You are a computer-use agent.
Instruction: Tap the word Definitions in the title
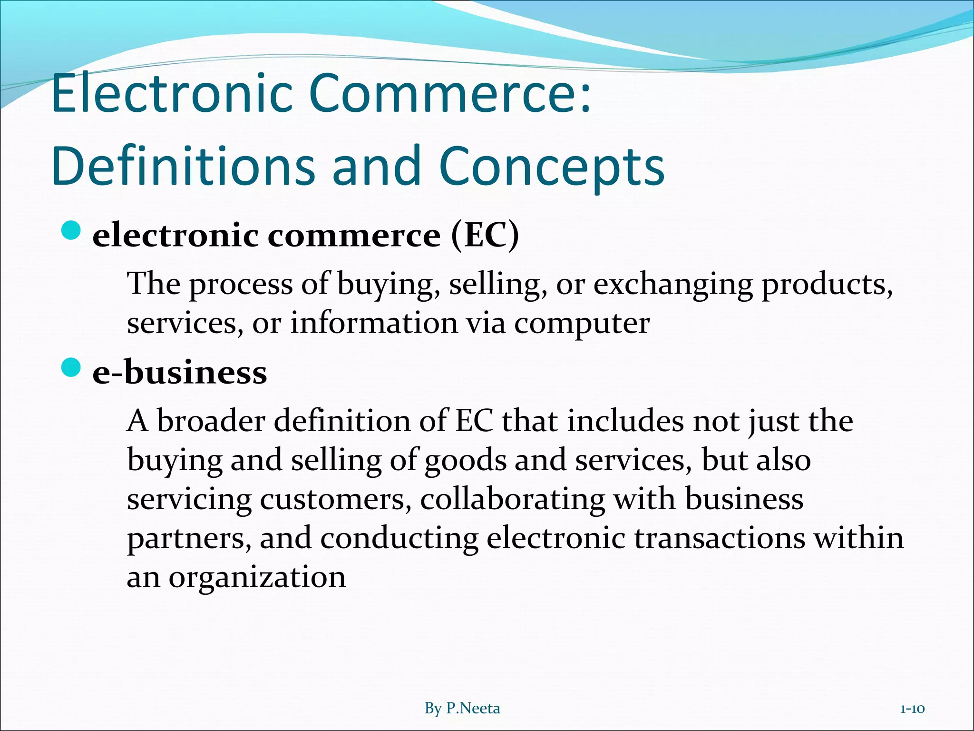click(x=183, y=165)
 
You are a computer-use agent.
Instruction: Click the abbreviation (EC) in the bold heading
click(x=485, y=236)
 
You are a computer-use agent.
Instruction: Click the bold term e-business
click(x=180, y=372)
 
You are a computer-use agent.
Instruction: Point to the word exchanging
click(x=673, y=285)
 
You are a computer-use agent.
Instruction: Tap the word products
click(x=827, y=285)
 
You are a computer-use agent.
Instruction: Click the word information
click(x=374, y=323)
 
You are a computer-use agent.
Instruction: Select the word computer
click(x=582, y=324)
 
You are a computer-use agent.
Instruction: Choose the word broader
click(x=211, y=421)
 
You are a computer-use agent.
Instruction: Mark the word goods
click(x=465, y=461)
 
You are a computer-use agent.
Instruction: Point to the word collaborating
click(x=512, y=500)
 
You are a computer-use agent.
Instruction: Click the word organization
click(x=257, y=578)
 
